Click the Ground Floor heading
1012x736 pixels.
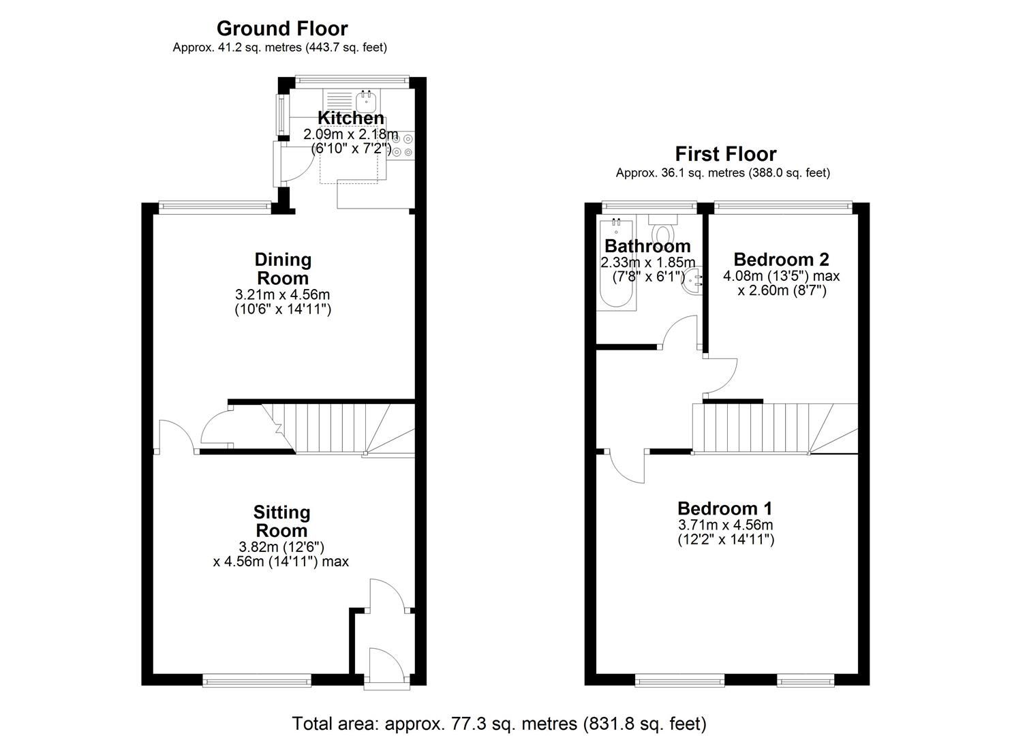[281, 29]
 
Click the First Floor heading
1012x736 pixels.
[725, 154]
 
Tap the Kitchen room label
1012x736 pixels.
[351, 118]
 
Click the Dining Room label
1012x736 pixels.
[283, 269]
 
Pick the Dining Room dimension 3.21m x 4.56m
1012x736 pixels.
[283, 295]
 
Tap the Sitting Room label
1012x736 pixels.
[281, 521]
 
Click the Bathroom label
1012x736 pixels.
[647, 246]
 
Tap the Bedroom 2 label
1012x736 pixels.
[781, 260]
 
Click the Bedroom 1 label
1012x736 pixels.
[725, 508]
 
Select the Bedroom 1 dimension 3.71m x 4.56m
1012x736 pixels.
[725, 525]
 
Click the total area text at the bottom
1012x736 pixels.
[499, 723]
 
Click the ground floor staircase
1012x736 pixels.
[334, 428]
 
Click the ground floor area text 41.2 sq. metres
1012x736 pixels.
[279, 48]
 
